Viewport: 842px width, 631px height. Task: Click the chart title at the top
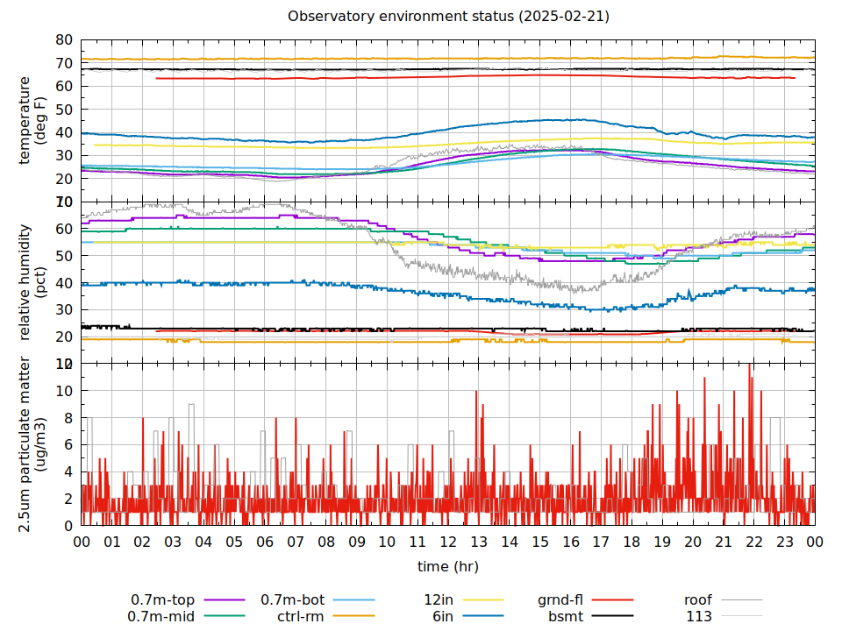tap(448, 17)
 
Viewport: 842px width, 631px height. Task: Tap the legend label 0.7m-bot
tap(293, 600)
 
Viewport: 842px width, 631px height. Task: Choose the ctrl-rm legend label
tap(301, 616)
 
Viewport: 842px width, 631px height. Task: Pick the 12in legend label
tap(438, 600)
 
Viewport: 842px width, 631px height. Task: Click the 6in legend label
tap(442, 616)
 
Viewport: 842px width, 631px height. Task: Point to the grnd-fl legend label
tap(560, 600)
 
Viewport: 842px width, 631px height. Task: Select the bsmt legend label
tap(566, 616)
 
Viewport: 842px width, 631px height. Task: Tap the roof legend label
tap(699, 600)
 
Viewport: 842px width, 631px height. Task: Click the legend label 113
tap(699, 616)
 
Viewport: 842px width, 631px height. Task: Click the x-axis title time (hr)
tap(448, 566)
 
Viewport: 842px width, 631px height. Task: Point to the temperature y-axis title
tap(32, 120)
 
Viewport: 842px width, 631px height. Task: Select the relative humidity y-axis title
tap(32, 282)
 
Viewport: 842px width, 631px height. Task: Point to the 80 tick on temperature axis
tap(63, 40)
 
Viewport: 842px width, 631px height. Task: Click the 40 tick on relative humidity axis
tap(63, 283)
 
